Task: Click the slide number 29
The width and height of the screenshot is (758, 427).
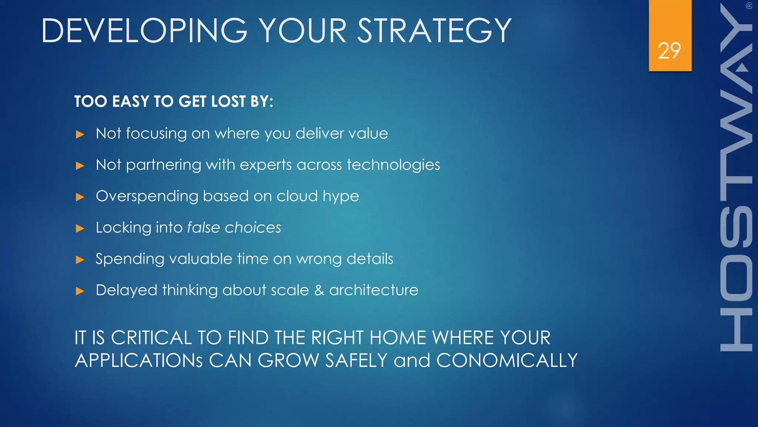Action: [669, 51]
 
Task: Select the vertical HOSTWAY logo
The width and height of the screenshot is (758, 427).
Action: [736, 178]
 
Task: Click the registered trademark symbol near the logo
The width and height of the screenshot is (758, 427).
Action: [749, 6]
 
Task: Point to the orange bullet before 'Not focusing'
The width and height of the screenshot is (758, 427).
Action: [80, 134]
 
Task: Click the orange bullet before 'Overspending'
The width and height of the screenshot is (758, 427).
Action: [80, 197]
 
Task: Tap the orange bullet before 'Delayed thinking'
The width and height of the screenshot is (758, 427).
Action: [80, 291]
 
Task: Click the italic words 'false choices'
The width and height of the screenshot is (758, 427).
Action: [234, 228]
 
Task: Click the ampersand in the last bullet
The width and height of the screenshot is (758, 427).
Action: [319, 290]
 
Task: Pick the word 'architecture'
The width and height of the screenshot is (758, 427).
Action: [373, 290]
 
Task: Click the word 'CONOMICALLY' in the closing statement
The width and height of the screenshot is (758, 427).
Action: [507, 360]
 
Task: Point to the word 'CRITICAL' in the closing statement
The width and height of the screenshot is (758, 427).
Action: [151, 338]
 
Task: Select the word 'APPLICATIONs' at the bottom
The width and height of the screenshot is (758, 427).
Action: [139, 360]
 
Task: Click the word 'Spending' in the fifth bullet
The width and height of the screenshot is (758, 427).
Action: [130, 259]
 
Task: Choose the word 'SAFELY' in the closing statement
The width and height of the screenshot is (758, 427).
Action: [356, 360]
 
